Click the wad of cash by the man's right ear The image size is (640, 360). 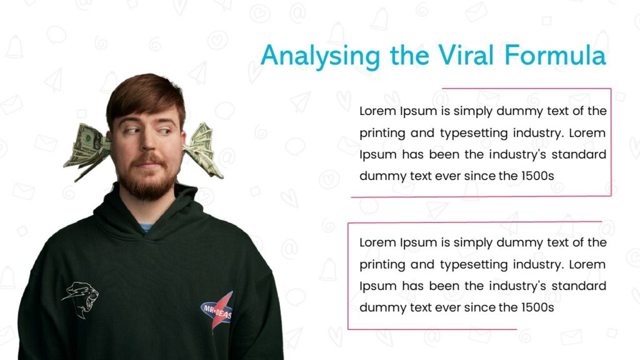[x=86, y=151]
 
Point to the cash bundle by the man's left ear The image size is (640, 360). [x=202, y=148]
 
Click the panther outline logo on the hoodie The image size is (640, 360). [x=79, y=299]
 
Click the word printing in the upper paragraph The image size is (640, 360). [x=382, y=133]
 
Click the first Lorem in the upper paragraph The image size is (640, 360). [x=376, y=111]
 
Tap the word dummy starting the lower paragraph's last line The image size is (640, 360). [x=381, y=307]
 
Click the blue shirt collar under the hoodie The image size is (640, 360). [x=145, y=227]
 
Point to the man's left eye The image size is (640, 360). [x=163, y=131]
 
